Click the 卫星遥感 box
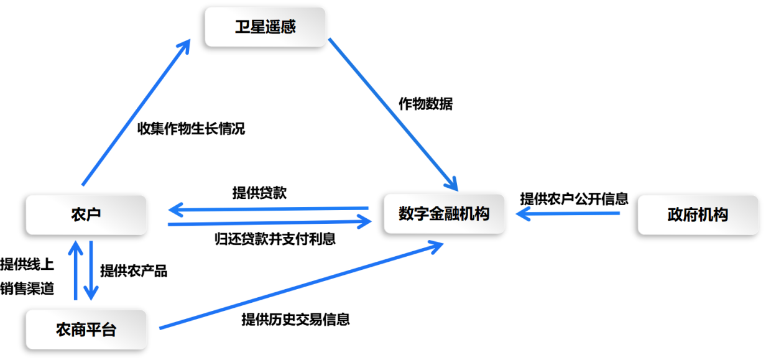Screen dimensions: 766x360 265,27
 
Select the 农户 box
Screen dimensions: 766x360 86,215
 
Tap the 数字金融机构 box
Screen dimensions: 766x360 444,214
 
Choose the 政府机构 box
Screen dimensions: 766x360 698,215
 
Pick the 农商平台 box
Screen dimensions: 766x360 86,330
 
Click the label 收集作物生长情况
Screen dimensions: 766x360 191,129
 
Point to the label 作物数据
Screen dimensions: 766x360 426,104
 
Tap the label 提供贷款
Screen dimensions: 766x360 259,193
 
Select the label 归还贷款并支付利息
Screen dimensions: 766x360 275,239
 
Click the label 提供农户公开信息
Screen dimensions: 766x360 574,198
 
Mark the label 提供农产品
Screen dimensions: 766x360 134,270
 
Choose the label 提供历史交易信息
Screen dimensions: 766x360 296,320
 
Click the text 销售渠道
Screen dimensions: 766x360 27,288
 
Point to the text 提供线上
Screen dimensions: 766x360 27,264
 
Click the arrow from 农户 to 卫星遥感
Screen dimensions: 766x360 136,112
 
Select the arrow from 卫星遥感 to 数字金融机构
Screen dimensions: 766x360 393,114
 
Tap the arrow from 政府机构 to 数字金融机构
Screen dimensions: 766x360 568,214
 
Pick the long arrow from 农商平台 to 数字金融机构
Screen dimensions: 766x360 302,286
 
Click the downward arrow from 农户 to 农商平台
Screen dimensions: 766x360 91,270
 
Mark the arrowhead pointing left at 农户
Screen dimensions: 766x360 176,210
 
